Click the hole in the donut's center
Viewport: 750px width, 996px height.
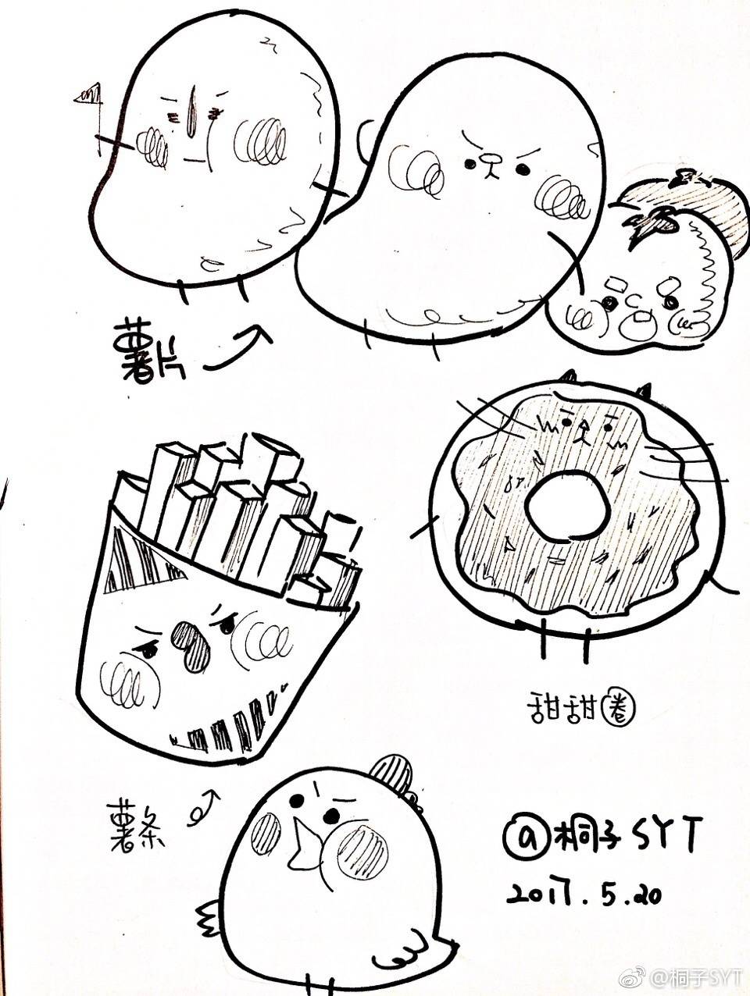click(566, 507)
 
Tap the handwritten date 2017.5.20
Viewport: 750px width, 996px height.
click(584, 892)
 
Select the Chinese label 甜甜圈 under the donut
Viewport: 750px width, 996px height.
click(579, 710)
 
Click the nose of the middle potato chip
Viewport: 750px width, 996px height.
click(491, 162)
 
